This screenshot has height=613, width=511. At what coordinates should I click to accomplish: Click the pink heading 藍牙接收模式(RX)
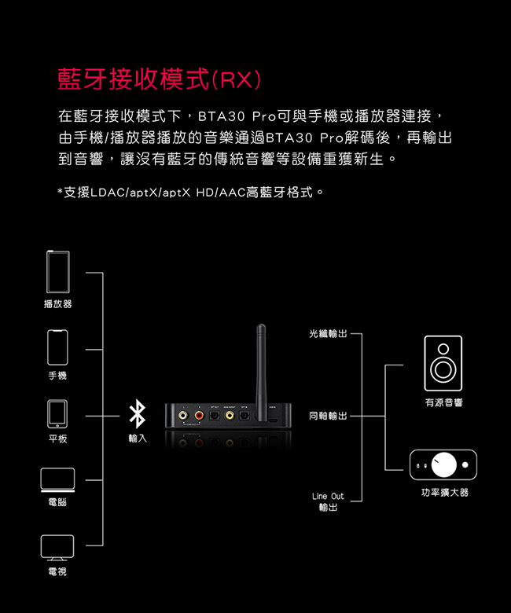[x=158, y=80]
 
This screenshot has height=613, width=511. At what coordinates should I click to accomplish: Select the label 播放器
[x=58, y=303]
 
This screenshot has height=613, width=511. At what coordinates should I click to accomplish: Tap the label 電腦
[x=58, y=501]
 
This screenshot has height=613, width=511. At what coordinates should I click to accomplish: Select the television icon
[x=58, y=546]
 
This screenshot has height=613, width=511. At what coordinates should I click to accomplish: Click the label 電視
[x=58, y=571]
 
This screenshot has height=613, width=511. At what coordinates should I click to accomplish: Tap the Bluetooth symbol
[x=138, y=414]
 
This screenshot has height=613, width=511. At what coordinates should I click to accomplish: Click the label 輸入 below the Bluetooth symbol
[x=138, y=438]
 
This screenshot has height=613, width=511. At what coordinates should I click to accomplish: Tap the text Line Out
[x=328, y=496]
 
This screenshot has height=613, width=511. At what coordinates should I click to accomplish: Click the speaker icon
[x=443, y=363]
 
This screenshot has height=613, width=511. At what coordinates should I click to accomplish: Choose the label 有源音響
[x=443, y=402]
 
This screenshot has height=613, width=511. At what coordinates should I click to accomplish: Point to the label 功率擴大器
[x=444, y=492]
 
